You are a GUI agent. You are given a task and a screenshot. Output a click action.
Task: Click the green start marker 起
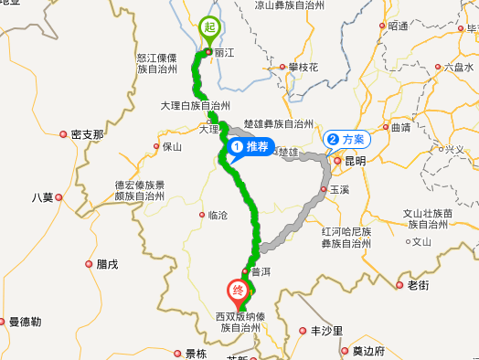click(208, 28)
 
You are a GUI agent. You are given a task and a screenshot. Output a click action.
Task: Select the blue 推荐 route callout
click(250, 146)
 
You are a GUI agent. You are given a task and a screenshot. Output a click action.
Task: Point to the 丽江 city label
click(225, 53)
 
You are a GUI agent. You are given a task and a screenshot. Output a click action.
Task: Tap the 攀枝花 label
click(303, 68)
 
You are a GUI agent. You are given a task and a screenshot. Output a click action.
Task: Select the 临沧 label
click(218, 216)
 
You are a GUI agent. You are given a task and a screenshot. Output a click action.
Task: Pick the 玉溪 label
click(339, 189)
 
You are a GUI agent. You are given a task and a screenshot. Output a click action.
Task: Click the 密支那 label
click(87, 134)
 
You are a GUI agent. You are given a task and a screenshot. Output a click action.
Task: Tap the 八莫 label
click(43, 197)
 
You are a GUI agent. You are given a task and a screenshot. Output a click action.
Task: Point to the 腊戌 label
click(107, 264)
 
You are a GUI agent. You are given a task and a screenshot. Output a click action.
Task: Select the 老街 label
click(417, 285)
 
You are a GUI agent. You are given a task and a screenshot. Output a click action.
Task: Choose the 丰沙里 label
click(326, 331)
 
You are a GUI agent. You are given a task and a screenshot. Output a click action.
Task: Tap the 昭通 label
click(398, 26)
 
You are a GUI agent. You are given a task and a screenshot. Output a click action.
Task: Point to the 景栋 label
click(196, 353)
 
